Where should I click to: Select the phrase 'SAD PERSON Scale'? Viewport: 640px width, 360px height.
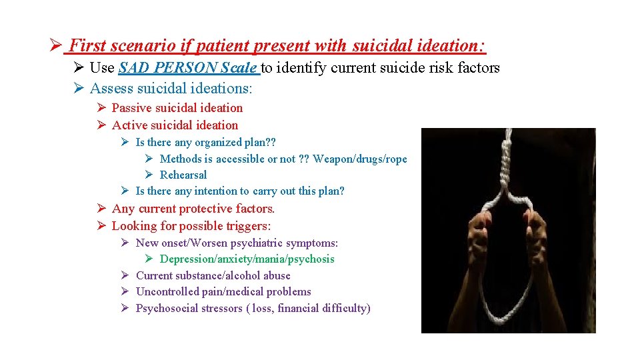(x=188, y=67)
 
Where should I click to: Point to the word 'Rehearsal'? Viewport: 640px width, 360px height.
(x=183, y=175)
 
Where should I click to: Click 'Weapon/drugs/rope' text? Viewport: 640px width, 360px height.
(x=359, y=159)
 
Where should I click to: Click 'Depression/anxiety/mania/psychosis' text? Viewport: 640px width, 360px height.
(x=247, y=259)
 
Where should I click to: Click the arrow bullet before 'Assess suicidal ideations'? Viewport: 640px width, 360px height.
(x=78, y=89)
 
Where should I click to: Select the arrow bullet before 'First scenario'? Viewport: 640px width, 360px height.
(x=55, y=47)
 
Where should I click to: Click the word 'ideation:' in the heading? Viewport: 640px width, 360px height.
(x=457, y=46)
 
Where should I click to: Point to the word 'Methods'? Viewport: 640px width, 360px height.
(x=181, y=159)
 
